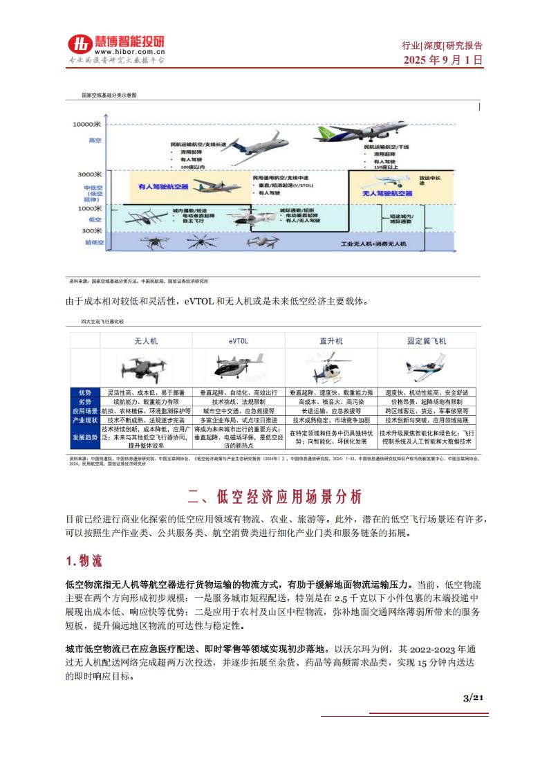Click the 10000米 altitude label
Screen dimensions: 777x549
(87, 124)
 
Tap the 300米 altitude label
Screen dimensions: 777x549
(91, 230)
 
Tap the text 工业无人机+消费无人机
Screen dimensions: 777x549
(374, 245)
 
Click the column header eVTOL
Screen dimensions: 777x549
(238, 341)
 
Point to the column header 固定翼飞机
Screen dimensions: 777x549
(427, 341)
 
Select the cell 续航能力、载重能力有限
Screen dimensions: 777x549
(145, 401)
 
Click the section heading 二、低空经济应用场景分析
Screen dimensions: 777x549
(274, 497)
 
